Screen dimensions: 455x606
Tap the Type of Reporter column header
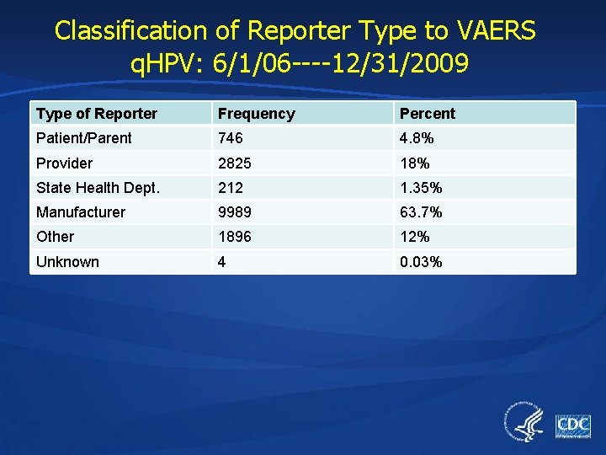click(97, 114)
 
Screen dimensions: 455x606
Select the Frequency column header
click(256, 114)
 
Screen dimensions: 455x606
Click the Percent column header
click(427, 114)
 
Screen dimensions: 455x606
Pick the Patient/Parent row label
click(84, 138)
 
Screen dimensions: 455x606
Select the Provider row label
click(64, 163)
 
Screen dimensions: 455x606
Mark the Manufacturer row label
click(80, 212)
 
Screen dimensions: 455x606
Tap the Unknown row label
click(67, 262)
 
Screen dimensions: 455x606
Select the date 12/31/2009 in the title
click(401, 64)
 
